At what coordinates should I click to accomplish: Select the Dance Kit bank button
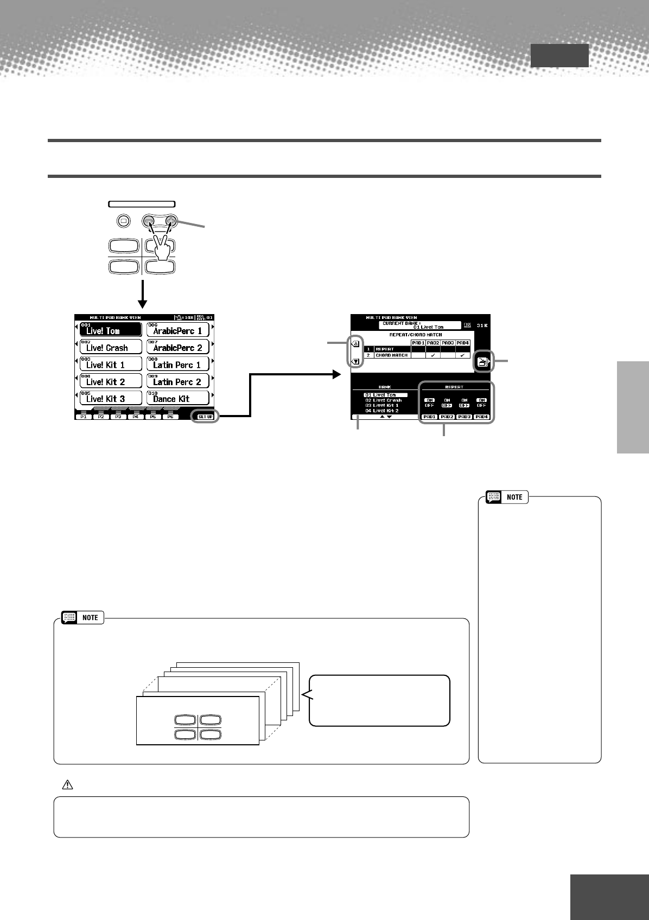coord(178,398)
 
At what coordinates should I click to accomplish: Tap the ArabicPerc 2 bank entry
coord(178,347)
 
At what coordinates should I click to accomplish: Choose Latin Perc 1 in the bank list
coord(178,364)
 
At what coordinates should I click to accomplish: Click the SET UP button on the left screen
coord(206,417)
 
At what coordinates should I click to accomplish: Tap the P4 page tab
coord(136,417)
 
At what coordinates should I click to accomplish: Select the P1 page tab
coord(84,417)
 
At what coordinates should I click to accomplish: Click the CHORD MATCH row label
coord(391,355)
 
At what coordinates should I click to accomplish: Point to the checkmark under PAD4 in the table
coord(462,355)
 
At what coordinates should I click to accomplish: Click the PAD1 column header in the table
coord(418,343)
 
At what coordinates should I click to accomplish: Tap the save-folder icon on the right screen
coord(481,362)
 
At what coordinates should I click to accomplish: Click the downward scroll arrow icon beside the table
coord(355,361)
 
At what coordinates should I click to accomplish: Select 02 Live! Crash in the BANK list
coord(384,400)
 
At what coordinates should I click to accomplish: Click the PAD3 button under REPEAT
coord(464,417)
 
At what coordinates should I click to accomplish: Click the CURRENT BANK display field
coord(419,325)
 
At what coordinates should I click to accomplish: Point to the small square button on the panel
coord(123,221)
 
